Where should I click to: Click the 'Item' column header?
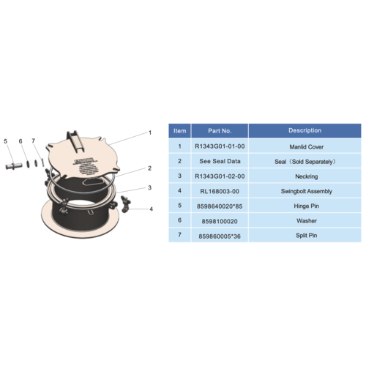point(179,130)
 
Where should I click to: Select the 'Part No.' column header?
point(220,130)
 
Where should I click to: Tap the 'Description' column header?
point(305,130)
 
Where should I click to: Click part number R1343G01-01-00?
point(220,146)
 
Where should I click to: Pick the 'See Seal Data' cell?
point(220,160)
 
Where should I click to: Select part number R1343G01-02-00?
point(220,176)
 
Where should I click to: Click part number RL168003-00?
point(220,190)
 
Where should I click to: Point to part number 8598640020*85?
point(220,206)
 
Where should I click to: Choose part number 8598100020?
point(220,220)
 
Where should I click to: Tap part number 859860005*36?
point(220,236)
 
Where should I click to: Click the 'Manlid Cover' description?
point(305,146)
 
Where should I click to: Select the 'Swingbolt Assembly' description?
point(305,190)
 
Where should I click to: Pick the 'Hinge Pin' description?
point(305,206)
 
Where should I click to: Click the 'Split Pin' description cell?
point(305,236)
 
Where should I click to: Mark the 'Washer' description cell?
point(305,220)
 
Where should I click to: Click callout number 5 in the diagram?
point(6,141)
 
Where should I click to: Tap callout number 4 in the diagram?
point(151,209)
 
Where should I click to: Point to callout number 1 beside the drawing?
point(149,133)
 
